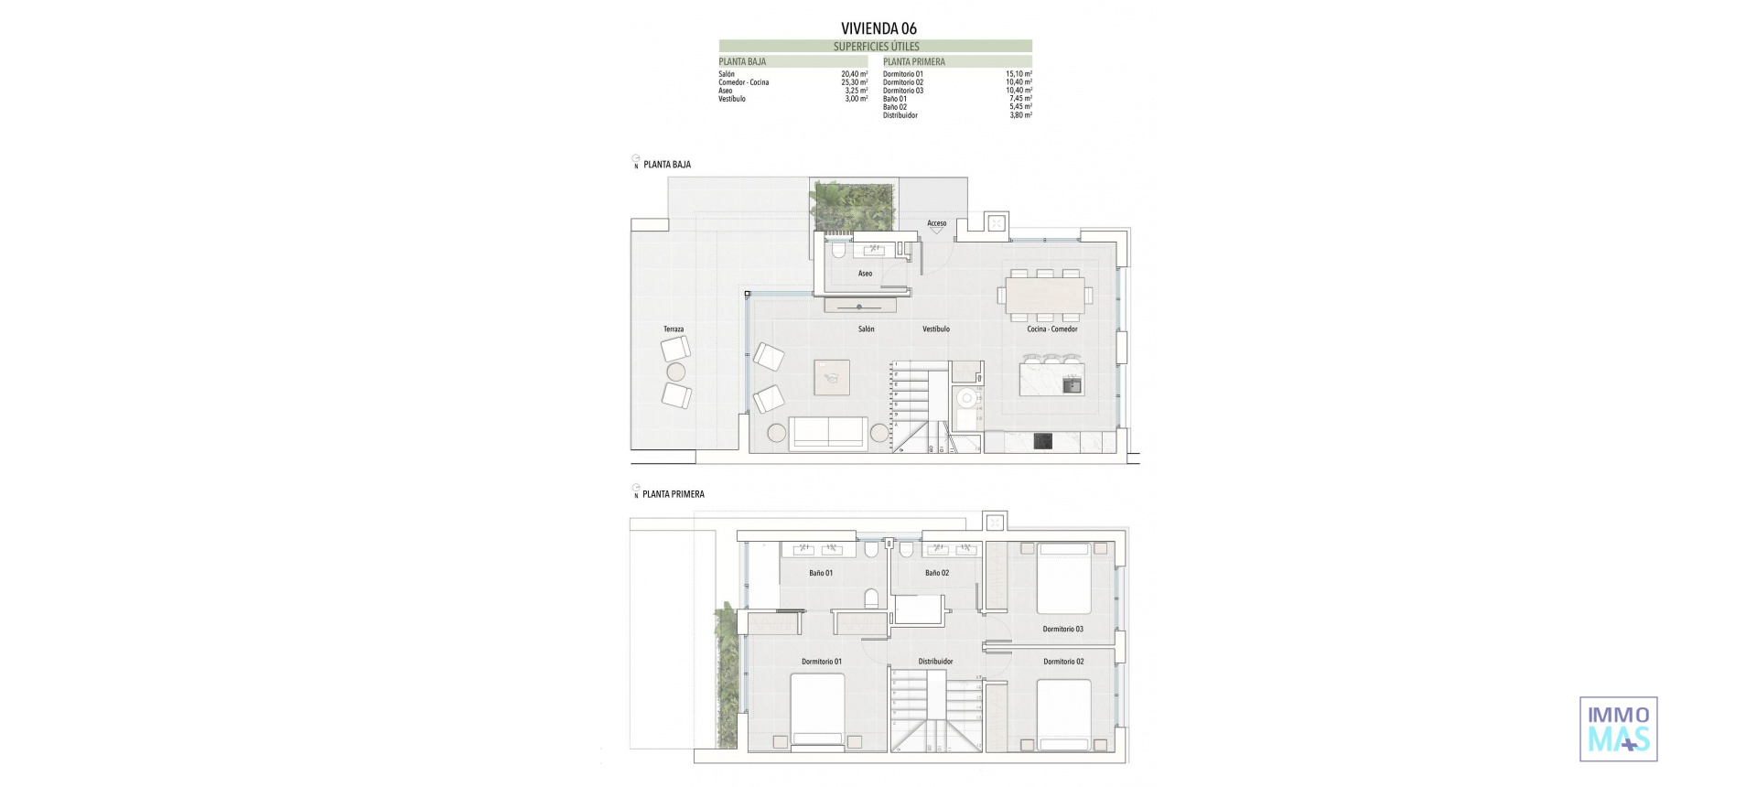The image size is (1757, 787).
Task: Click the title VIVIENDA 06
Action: click(878, 28)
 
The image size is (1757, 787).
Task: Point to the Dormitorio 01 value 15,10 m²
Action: click(1019, 74)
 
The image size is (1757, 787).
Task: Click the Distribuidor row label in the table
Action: click(900, 115)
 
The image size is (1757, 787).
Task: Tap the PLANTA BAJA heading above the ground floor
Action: click(667, 165)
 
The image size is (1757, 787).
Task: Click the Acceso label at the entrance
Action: click(936, 223)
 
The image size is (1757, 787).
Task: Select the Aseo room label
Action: click(865, 274)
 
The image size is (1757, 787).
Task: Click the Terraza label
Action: click(674, 329)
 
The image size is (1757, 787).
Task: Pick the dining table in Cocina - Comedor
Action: click(1044, 295)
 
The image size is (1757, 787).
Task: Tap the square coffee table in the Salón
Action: click(832, 377)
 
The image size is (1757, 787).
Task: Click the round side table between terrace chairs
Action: click(675, 372)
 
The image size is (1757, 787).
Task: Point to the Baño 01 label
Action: click(821, 574)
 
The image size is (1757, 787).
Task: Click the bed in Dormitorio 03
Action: click(1063, 578)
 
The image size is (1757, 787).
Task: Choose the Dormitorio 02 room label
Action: click(1062, 662)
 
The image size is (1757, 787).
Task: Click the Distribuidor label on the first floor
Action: click(935, 662)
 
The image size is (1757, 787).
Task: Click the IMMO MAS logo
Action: click(1618, 728)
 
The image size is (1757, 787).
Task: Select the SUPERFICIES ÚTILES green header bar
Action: click(876, 46)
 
